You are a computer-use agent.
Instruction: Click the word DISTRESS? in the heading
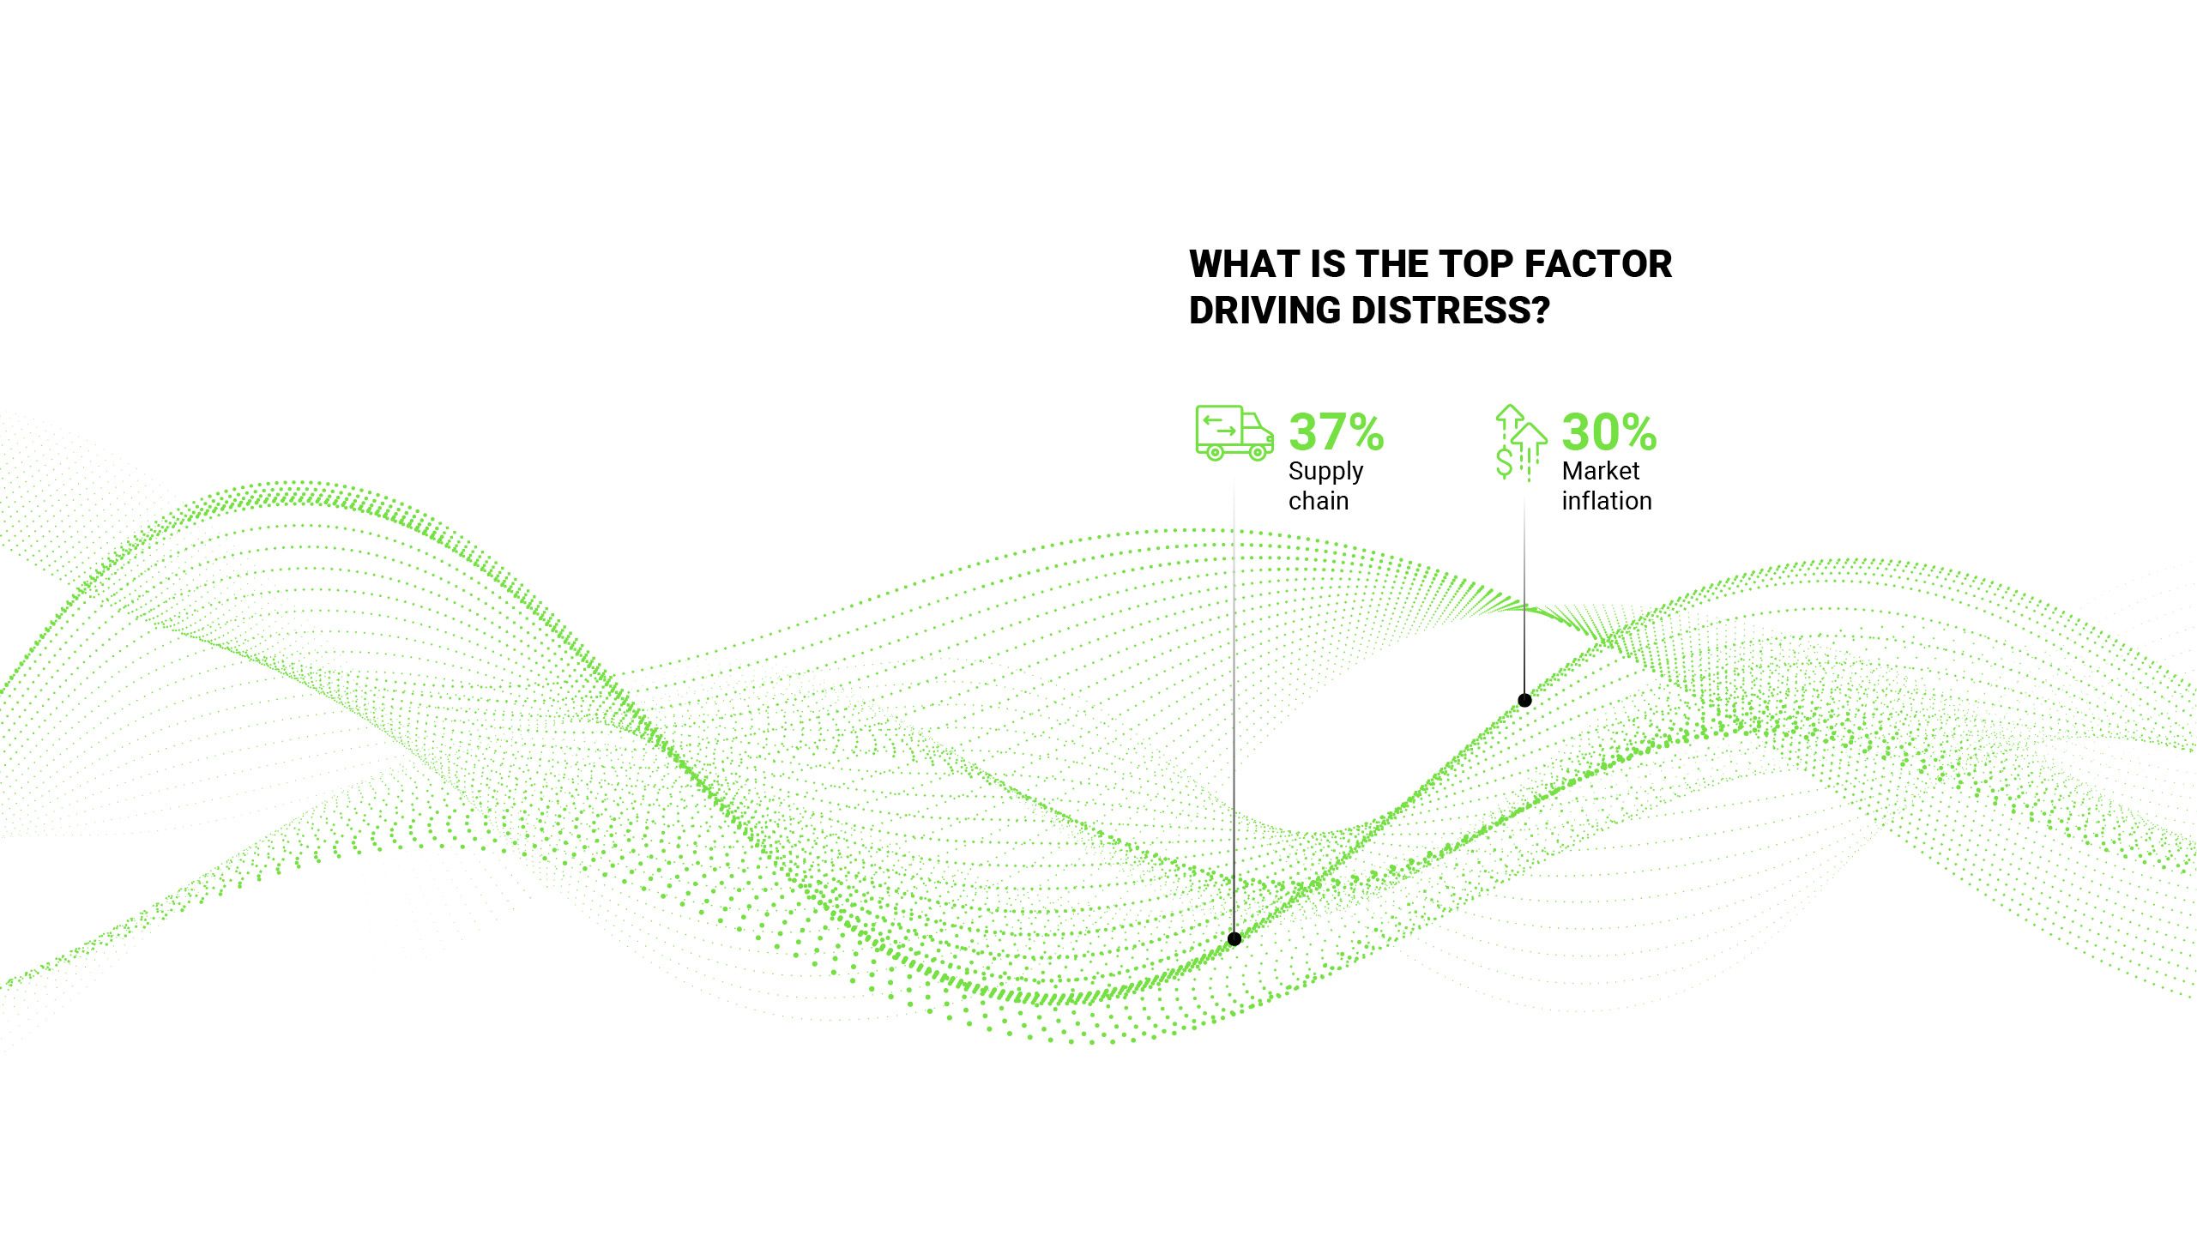tap(1451, 311)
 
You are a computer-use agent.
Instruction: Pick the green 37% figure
tap(1336, 431)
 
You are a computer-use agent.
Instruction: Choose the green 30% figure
tap(1609, 431)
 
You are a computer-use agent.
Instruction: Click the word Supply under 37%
tap(1325, 471)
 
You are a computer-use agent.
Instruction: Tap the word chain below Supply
tap(1319, 501)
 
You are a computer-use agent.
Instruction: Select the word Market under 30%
tap(1600, 471)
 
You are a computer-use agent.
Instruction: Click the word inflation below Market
tap(1606, 501)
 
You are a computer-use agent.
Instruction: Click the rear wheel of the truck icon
tap(1215, 452)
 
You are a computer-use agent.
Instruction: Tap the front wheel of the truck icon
tap(1258, 452)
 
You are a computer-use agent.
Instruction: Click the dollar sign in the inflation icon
tap(1505, 461)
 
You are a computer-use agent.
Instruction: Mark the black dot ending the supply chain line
tap(1234, 938)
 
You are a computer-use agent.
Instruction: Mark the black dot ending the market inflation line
tap(1524, 700)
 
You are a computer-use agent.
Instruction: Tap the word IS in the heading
tap(1327, 264)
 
